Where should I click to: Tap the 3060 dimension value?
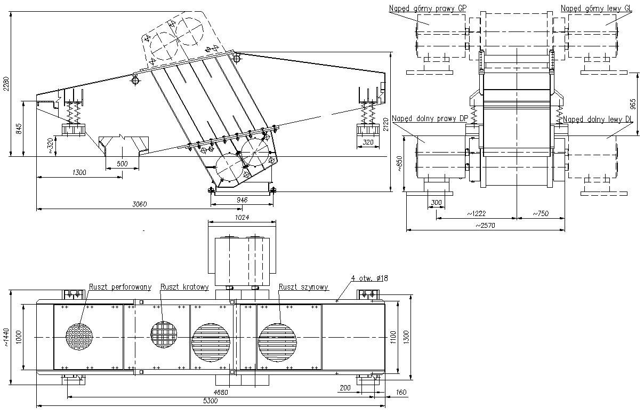point(139,204)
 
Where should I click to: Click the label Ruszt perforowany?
point(120,287)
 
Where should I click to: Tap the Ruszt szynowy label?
point(303,286)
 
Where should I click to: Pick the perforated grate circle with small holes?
point(80,337)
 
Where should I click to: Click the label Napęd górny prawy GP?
point(428,8)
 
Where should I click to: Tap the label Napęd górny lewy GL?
point(596,8)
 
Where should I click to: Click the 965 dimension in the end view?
point(633,102)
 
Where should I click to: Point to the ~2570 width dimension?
point(485,226)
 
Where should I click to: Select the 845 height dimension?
point(19,129)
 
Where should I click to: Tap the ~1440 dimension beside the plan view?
point(6,337)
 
